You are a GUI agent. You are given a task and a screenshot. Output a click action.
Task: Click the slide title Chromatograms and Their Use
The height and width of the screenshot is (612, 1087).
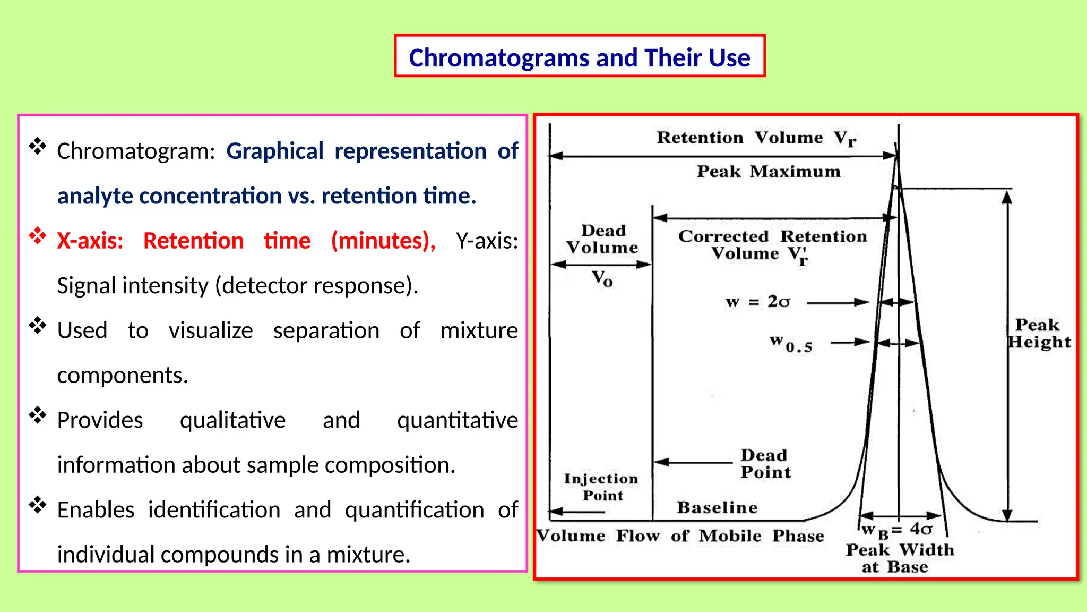579,57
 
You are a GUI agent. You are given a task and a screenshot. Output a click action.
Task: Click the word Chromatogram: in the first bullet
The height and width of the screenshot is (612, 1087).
135,151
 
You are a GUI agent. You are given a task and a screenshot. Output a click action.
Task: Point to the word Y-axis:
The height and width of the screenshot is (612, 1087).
487,241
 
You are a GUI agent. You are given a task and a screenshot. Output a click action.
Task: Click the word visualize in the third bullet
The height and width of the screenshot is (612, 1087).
211,331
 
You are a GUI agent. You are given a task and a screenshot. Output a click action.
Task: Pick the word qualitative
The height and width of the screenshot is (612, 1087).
232,420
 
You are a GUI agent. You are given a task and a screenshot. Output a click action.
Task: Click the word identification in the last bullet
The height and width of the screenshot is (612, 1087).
214,510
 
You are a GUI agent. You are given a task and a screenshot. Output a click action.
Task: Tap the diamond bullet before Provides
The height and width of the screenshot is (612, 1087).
38,415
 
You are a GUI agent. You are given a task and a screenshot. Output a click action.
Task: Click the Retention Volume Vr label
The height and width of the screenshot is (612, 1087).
756,138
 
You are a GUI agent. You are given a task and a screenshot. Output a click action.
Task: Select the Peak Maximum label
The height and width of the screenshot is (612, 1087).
768,172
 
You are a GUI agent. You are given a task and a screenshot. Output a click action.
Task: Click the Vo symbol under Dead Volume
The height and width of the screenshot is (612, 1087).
602,278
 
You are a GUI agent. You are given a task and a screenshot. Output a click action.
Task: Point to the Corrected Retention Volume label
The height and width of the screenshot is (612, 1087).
772,245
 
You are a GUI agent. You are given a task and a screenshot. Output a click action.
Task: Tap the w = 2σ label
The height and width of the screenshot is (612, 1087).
757,302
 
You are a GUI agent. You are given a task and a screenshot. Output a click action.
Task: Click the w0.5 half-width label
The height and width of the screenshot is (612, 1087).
791,344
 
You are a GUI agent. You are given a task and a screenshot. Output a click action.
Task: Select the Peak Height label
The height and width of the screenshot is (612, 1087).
1039,334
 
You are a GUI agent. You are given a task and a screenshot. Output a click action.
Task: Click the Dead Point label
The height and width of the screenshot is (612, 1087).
765,464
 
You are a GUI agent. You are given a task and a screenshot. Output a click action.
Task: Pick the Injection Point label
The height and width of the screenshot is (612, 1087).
601,487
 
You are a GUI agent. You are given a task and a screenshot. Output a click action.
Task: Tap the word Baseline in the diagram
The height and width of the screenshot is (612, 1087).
717,508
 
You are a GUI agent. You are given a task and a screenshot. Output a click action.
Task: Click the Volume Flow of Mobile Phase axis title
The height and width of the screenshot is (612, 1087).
680,536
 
